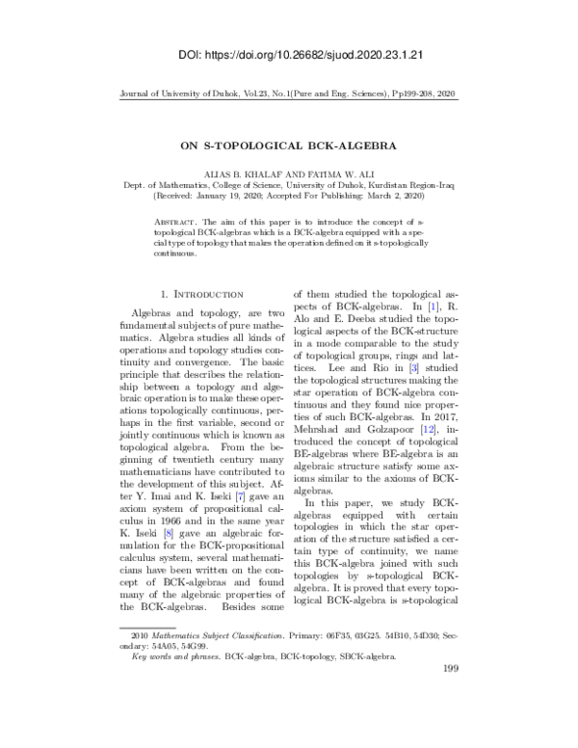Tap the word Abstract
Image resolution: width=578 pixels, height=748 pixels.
pyautogui.click(x=174, y=221)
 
